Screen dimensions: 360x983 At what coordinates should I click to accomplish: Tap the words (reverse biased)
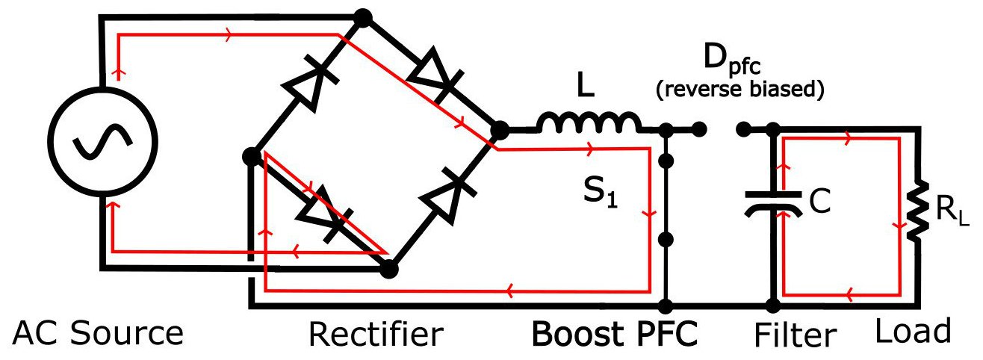coord(739,90)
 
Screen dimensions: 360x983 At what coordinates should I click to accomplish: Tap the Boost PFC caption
coord(614,333)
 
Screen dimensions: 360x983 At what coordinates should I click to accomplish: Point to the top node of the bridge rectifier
coord(362,16)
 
